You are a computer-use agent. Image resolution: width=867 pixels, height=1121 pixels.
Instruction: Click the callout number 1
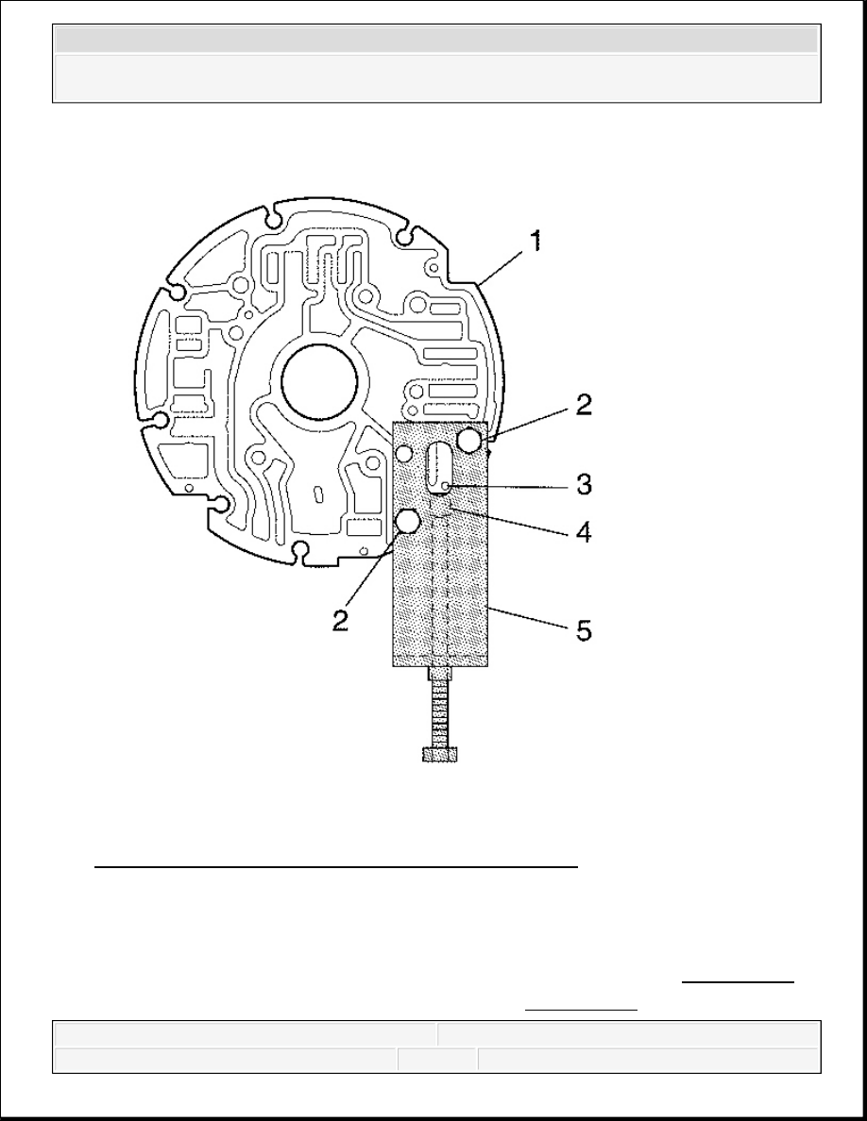coord(535,241)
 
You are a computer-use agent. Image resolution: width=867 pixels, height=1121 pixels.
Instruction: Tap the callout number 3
coord(584,485)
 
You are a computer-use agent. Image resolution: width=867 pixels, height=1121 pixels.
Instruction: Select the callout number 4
coord(584,531)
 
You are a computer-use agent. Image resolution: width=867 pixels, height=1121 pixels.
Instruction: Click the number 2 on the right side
coord(584,406)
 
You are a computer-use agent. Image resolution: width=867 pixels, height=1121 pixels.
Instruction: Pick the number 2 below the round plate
coord(341,619)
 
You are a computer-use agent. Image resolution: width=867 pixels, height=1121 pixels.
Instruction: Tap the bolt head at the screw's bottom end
coord(441,755)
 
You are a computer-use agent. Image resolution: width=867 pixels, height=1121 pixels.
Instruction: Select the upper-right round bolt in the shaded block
coord(469,440)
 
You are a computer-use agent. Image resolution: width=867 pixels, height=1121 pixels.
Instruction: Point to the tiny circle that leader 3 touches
coord(445,486)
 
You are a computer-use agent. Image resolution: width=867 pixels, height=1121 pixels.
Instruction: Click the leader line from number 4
coord(511,519)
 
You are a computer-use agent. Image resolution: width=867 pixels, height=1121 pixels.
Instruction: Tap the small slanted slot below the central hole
coord(319,493)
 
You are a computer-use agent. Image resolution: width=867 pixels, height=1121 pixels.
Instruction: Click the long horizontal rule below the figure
coord(336,866)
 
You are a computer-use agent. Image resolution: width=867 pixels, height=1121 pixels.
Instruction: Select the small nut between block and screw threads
coord(441,673)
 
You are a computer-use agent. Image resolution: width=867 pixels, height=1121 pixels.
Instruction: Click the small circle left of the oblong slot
coord(404,453)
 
